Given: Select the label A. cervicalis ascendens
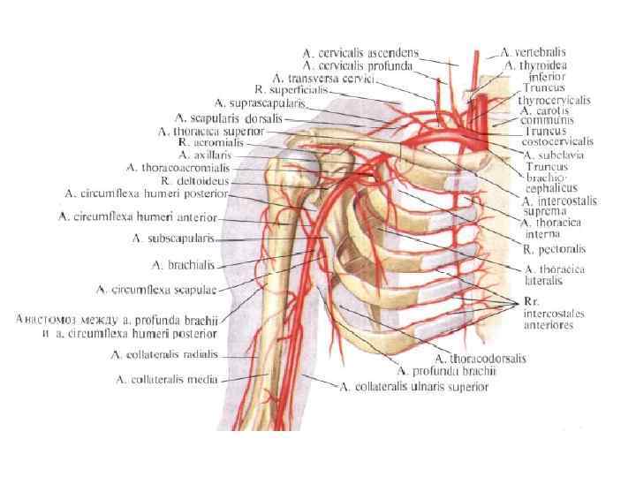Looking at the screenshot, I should click(x=360, y=53).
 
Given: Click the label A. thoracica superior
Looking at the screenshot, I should click(x=211, y=131).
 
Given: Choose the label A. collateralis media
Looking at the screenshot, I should click(x=168, y=380).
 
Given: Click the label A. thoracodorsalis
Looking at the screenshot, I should click(x=480, y=359).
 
